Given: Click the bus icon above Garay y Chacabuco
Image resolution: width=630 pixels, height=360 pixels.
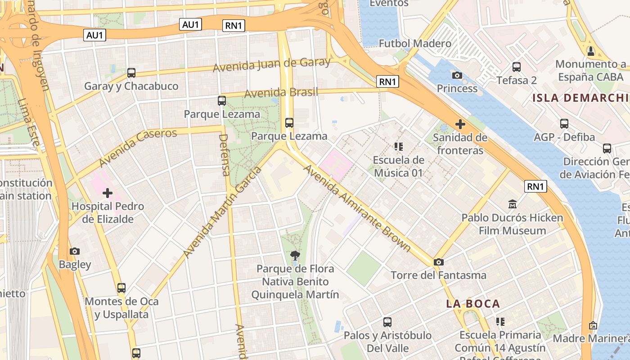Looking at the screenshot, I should (131, 72).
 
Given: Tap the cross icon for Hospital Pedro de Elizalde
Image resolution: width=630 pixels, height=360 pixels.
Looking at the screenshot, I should (108, 193).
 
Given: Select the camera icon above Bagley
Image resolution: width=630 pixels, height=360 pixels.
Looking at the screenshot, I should (75, 251).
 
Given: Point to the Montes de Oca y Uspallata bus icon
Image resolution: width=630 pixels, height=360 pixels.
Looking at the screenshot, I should (121, 288).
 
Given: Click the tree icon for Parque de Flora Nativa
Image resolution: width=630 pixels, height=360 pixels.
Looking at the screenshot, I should (295, 256).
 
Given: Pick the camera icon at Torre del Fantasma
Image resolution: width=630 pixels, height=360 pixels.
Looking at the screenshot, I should (438, 262).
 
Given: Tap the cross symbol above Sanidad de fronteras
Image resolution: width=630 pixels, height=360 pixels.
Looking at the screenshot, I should (460, 124).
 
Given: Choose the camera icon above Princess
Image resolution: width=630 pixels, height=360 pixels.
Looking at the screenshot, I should (457, 75).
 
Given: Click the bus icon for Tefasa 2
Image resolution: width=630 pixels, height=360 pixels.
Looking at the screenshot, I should (517, 67).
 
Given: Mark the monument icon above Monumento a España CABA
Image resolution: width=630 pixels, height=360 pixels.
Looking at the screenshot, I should (591, 51).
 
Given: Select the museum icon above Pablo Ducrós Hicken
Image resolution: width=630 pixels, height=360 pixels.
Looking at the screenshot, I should (512, 205).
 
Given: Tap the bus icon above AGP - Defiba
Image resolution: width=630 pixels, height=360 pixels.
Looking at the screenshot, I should (564, 124).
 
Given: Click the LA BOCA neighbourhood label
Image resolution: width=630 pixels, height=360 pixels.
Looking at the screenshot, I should (473, 304).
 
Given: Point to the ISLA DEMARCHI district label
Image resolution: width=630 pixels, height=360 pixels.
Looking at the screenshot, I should (580, 98).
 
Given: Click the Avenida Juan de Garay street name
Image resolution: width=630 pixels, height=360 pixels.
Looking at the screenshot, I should (271, 65).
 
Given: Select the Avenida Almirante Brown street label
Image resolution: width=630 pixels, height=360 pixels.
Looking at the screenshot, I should (357, 208).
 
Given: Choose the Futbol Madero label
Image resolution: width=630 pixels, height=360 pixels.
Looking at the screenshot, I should (415, 44).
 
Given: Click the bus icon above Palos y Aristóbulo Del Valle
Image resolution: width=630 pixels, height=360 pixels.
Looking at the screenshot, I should (387, 322).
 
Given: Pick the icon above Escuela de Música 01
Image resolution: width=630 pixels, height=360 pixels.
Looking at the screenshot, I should (398, 146).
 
